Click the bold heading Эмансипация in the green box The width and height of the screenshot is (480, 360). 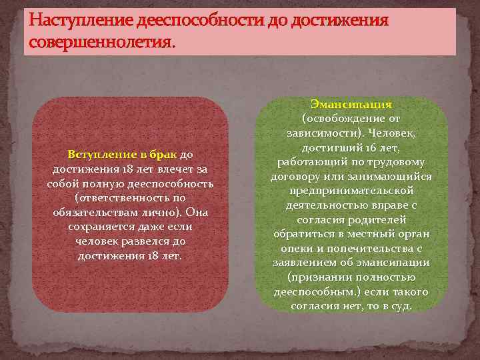[x=351, y=105]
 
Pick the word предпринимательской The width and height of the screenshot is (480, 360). [x=351, y=191]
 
